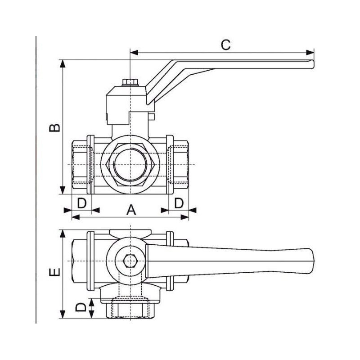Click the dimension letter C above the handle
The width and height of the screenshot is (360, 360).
226,45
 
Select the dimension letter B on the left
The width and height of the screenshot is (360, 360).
54,127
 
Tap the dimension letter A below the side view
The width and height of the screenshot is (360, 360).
130,209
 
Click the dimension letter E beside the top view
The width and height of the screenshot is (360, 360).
54,273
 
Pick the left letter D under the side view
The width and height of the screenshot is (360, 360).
81,203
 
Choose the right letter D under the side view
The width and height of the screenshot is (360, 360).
179,203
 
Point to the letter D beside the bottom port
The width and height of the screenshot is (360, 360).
81,308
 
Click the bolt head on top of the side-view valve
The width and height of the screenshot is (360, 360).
130,82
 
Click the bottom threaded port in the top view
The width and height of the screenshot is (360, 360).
130,309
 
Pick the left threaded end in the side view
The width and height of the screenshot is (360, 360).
81,165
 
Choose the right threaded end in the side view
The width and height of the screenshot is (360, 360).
180,165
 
